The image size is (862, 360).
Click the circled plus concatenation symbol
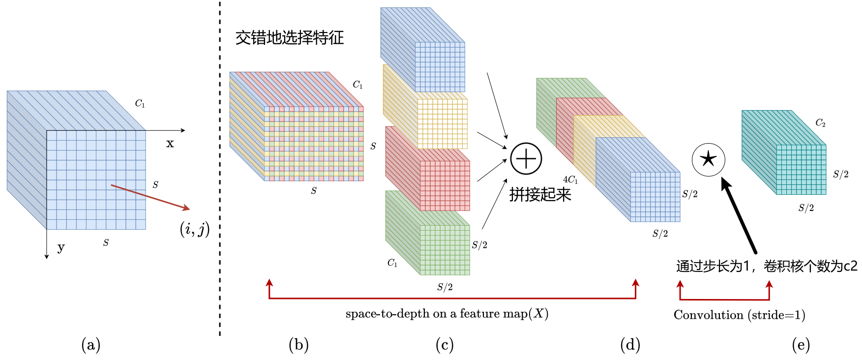526,159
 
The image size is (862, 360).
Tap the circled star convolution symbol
708,159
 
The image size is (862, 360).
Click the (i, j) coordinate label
195,229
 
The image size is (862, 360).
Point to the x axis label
170,144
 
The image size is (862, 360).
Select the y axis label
61,247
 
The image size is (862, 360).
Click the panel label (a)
91,345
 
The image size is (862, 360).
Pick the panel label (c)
445,345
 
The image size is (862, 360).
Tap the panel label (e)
801,345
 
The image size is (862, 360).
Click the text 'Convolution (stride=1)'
739,315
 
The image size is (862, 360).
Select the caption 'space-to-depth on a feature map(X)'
446,314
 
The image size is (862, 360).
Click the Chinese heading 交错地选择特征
290,38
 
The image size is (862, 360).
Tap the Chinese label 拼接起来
540,195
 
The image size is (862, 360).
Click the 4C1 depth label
570,180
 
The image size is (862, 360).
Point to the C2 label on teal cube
820,123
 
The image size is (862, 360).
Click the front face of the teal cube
801,170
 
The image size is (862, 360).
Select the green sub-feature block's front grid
445,250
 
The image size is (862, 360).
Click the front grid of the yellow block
442,123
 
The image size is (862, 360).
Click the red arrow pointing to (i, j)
150,197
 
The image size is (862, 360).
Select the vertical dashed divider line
220,167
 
